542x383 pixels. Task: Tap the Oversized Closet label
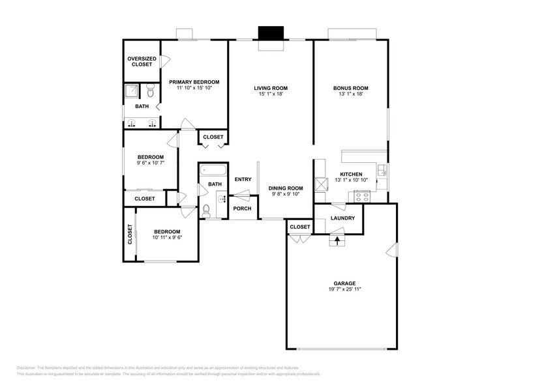coord(142,61)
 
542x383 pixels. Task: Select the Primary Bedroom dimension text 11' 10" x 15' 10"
coord(194,91)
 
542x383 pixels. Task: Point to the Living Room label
coord(271,88)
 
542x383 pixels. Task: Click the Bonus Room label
coord(351,88)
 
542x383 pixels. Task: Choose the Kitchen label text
coord(351,174)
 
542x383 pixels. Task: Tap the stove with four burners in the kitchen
coord(362,195)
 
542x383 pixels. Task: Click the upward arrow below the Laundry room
coord(337,240)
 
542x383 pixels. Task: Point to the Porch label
coord(243,209)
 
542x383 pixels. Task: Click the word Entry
coord(243,180)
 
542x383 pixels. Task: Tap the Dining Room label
coord(287,188)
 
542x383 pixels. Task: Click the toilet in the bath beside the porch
coord(207,210)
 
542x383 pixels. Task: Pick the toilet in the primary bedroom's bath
coord(149,89)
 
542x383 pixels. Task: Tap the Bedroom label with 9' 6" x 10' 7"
coord(150,157)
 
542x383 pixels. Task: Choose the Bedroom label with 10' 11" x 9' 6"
coord(167,232)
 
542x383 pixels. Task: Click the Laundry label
coord(342,218)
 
